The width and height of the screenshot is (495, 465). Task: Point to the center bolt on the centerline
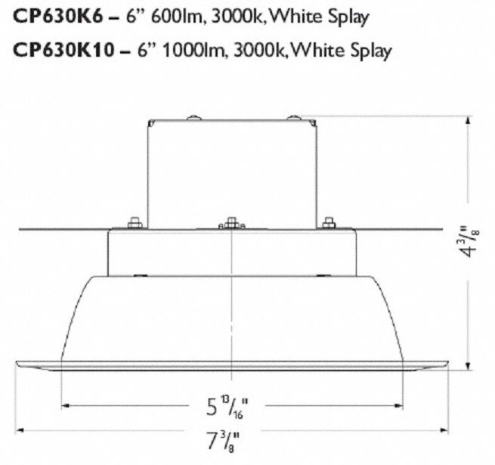point(232,225)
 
